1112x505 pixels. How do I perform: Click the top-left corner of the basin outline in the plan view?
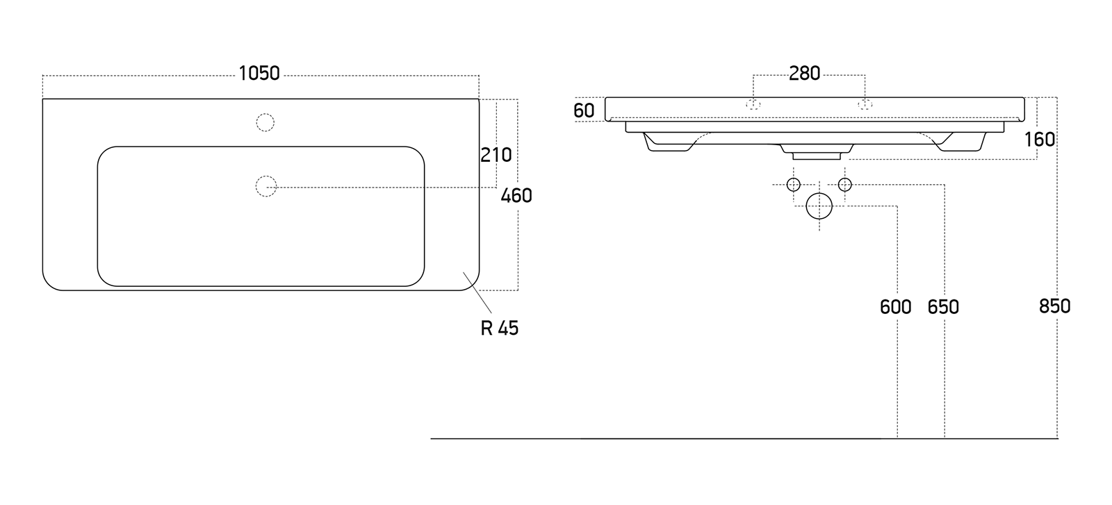coord(42,99)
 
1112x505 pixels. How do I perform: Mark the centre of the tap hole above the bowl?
coord(265,122)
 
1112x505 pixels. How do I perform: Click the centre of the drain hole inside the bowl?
coord(266,187)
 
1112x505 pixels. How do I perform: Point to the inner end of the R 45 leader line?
coord(463,272)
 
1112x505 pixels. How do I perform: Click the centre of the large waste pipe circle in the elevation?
coord(819,206)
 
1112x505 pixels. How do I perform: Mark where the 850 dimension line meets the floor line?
coord(1057,438)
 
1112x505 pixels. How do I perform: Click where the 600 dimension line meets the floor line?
coord(897,438)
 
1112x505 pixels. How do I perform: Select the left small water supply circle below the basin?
coord(793,185)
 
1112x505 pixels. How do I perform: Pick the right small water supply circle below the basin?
coord(845,185)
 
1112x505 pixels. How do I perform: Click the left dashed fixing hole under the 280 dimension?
coord(753,104)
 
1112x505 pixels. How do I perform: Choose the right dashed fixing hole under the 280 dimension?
coord(865,104)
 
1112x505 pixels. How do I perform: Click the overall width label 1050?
coord(260,74)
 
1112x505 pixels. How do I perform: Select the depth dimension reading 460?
coord(516,196)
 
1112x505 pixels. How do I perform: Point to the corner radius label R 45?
coord(500,328)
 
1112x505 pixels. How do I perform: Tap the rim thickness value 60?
coord(584,110)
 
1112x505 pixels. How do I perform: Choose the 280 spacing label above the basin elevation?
coord(805,74)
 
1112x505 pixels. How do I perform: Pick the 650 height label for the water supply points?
coord(943,307)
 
